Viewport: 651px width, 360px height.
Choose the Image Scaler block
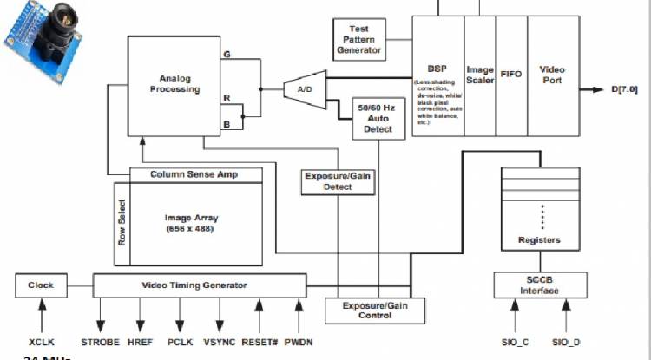coord(480,75)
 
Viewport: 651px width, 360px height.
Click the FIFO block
coord(510,75)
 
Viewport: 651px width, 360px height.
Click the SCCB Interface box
coord(531,285)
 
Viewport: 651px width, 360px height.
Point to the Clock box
coord(41,285)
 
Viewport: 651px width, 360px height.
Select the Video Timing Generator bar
coord(199,285)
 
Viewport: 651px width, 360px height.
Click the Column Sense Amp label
coord(194,174)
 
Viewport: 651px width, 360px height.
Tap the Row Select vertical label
coord(122,225)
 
